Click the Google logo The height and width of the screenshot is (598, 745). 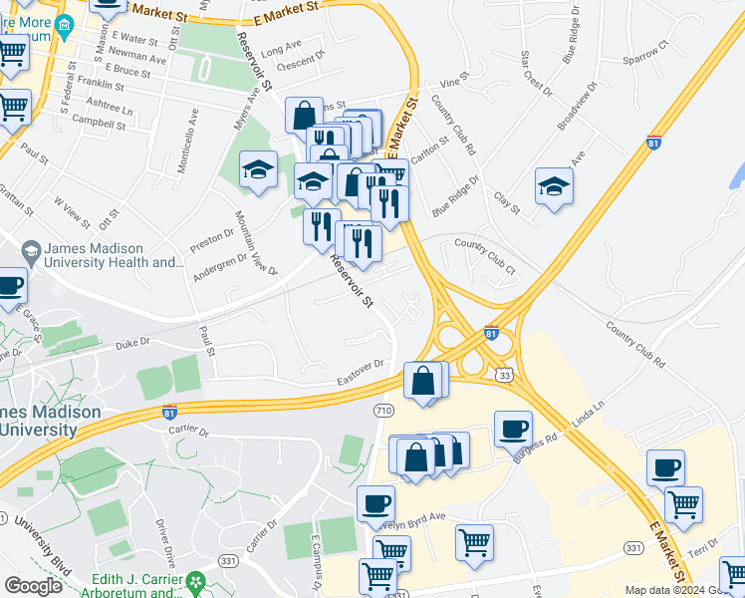click(x=33, y=586)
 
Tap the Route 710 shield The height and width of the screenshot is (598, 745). click(x=385, y=411)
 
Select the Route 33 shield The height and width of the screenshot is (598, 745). click(x=506, y=375)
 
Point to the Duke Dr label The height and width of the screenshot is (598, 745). click(x=131, y=341)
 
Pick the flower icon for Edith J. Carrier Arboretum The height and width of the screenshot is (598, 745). click(x=196, y=580)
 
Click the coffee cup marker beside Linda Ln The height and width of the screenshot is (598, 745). click(x=513, y=429)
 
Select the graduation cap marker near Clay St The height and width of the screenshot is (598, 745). click(x=554, y=186)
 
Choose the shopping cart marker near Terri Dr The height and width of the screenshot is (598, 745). click(x=683, y=505)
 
